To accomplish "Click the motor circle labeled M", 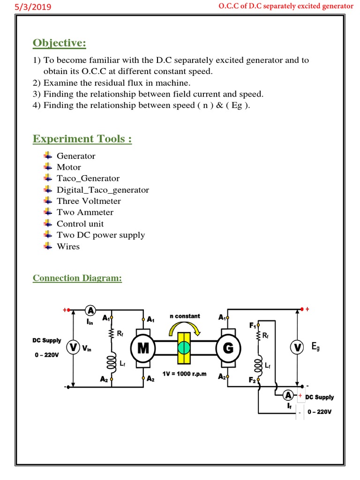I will [143, 348].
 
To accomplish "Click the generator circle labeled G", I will [228, 348].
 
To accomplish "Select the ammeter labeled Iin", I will [90, 310].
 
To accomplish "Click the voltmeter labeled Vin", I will [73, 348].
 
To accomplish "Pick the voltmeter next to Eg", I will [297, 347].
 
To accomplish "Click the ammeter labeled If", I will [290, 395].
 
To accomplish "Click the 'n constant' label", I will [185, 316].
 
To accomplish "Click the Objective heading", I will [60, 43].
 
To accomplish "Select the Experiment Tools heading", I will [82, 139].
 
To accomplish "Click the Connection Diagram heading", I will [77, 278].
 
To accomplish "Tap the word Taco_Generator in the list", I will [88, 179].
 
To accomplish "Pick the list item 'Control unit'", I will [80, 224].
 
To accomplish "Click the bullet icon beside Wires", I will [48, 246].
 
